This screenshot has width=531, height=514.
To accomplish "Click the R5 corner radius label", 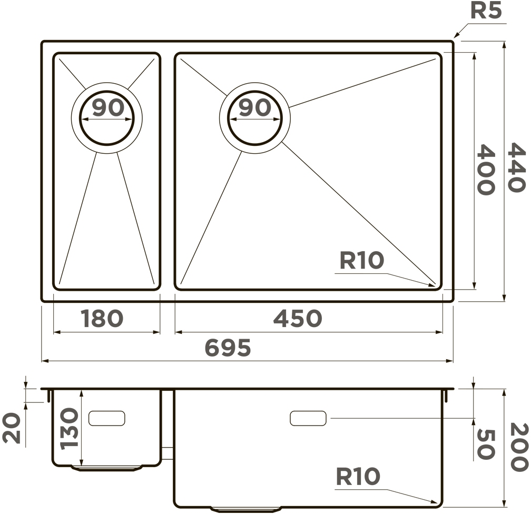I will point(486,11).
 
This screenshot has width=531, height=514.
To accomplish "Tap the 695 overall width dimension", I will point(227,348).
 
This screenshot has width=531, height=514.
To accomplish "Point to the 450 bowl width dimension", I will point(297,318).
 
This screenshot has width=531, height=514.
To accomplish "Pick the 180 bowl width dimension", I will point(102,318).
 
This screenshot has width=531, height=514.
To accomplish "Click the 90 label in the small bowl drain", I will point(107,107).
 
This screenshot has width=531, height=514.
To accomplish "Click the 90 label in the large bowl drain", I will point(254,107).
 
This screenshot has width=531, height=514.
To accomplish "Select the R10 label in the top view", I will point(361,260).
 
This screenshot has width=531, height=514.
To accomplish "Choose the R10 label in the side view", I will point(358,477).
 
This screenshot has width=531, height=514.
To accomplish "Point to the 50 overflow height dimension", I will point(486,444).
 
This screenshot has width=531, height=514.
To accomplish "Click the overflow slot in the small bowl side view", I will point(107,419).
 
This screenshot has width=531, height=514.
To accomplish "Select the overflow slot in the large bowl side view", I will point(308,419).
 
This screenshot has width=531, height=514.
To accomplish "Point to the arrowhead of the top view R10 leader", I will point(434,286).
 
